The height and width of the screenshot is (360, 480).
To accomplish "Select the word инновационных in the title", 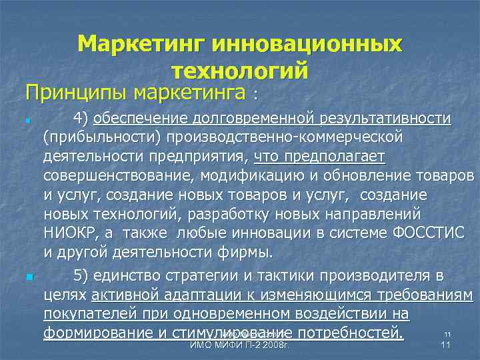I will pyautogui.click(x=307, y=45).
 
